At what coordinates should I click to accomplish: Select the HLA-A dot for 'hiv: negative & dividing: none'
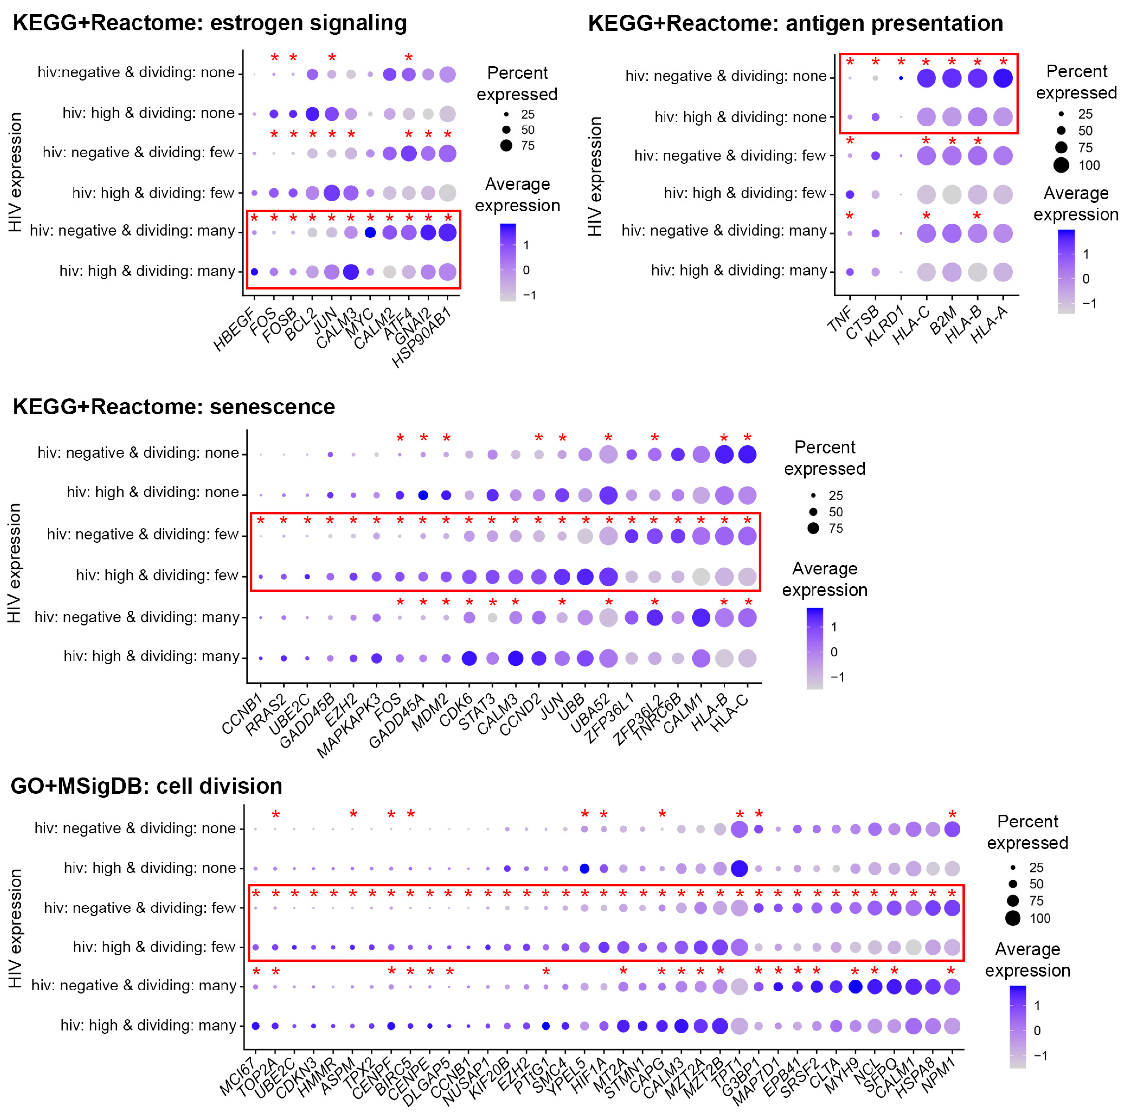[1003, 78]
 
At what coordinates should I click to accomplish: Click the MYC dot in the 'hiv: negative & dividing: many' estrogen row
[370, 232]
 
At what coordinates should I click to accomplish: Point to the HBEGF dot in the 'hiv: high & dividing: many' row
[254, 271]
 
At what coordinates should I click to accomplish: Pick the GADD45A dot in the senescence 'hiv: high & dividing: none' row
[423, 495]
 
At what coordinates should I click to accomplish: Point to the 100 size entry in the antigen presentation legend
[1089, 166]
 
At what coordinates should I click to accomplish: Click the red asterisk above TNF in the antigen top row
[850, 62]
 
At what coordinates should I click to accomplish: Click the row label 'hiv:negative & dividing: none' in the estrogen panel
[136, 72]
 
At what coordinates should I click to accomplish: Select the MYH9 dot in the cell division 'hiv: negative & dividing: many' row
[855, 987]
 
